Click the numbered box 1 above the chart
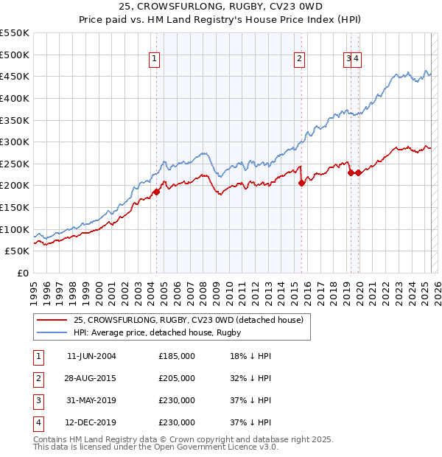pyautogui.click(x=155, y=60)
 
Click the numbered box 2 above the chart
pyautogui.click(x=301, y=60)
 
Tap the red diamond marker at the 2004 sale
pyautogui.click(x=156, y=192)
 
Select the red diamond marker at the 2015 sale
pyautogui.click(x=302, y=183)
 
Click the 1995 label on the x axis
pyautogui.click(x=34, y=288)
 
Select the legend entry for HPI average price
pyautogui.click(x=158, y=332)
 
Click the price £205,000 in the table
pyautogui.click(x=177, y=378)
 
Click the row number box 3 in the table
pyautogui.click(x=38, y=400)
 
